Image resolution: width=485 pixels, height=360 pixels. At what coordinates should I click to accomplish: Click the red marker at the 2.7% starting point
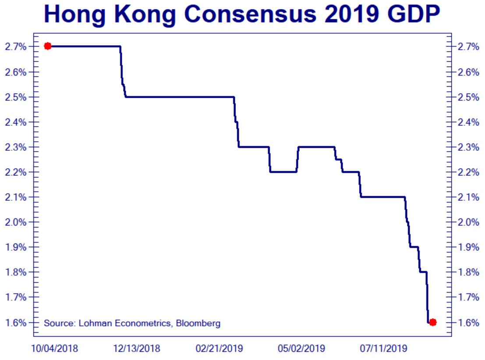[x=48, y=46]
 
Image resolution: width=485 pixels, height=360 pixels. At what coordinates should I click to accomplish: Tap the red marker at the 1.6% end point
[x=433, y=322]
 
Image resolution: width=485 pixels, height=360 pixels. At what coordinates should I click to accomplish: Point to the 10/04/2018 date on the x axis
[x=54, y=349]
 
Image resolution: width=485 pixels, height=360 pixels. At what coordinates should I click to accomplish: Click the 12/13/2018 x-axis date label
[x=137, y=349]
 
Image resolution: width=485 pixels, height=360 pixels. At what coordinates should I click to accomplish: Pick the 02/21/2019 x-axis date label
[x=219, y=349]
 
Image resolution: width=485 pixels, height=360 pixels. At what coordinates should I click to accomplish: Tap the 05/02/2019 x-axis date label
[x=301, y=349]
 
